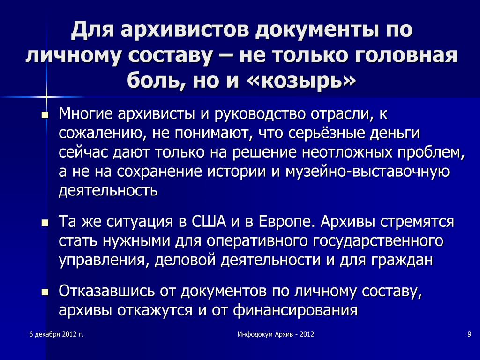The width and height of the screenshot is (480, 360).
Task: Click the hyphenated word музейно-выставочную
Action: click(x=367, y=172)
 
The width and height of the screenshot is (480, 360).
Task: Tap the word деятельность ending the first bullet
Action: click(x=108, y=190)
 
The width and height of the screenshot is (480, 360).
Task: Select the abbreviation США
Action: click(x=209, y=222)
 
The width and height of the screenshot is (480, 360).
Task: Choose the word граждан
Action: click(x=402, y=260)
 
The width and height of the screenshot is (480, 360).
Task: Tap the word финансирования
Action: click(x=295, y=310)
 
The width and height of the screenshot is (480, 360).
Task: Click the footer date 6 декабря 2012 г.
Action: click(x=56, y=334)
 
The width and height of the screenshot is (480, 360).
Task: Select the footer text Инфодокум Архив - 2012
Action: click(x=276, y=334)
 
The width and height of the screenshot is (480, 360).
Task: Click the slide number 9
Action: click(x=469, y=334)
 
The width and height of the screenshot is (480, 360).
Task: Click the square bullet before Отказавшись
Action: click(x=45, y=292)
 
